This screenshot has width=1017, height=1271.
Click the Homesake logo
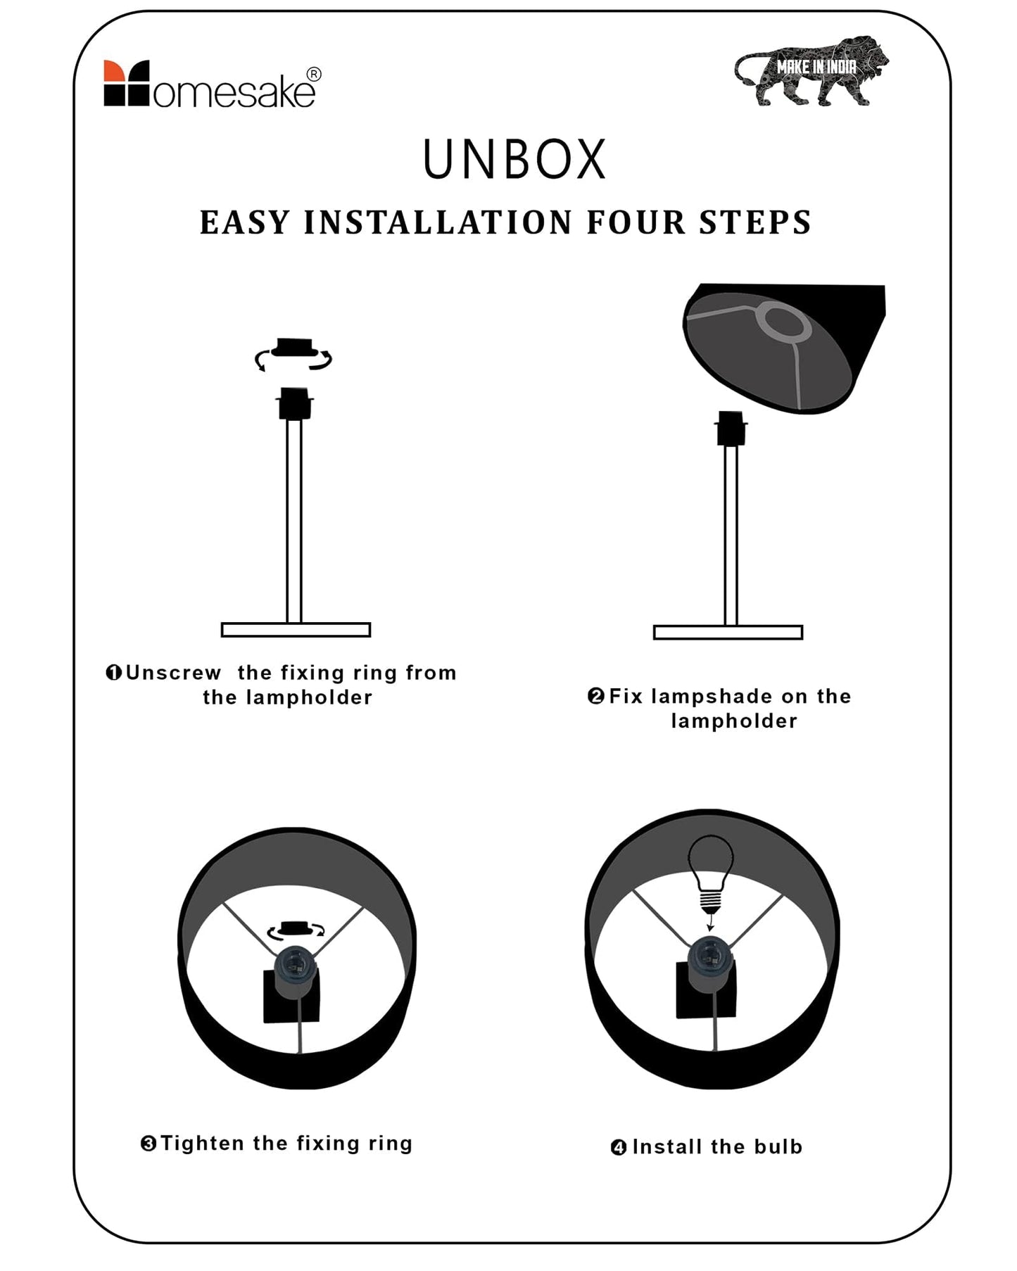212,84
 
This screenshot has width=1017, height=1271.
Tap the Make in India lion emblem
811,70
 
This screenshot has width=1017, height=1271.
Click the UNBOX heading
514,159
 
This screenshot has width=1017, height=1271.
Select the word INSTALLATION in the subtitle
438,222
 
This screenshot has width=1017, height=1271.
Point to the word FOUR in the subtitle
636,222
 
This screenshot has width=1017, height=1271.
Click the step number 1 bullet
114,673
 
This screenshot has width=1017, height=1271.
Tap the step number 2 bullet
595,696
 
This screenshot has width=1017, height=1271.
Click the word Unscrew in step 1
173,673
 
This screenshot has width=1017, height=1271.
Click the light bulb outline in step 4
710,873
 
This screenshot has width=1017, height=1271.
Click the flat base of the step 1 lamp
296,630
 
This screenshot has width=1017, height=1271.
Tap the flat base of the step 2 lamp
728,632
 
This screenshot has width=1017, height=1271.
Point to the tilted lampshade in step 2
784,348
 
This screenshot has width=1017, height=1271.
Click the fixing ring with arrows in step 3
296,930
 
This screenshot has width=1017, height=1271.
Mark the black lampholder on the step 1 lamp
295,403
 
